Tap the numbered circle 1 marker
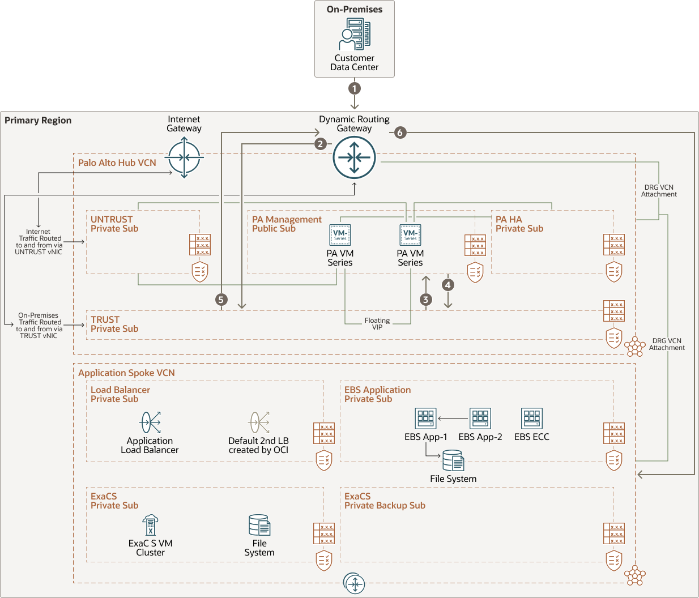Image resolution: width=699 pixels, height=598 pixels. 355,88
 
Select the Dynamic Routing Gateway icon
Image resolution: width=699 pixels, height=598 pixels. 355,157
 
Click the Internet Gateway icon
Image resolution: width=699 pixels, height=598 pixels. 184,157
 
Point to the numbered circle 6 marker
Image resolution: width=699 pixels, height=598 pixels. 400,133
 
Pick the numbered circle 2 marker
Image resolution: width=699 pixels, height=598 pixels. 321,144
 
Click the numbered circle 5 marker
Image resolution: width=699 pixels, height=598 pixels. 221,300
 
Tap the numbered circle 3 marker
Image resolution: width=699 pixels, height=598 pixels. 426,300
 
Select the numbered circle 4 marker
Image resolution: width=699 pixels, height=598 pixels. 448,285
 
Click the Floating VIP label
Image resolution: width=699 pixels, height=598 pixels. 377,324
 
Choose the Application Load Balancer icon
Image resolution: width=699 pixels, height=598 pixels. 151,422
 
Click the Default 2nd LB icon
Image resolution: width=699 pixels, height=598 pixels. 259,422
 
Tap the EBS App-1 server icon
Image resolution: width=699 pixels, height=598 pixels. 425,418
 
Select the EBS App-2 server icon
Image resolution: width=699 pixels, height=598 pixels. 480,418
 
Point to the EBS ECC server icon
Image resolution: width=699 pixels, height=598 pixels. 532,418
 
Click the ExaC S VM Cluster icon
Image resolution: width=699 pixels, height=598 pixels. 150,525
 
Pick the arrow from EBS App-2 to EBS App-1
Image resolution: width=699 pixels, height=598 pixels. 453,419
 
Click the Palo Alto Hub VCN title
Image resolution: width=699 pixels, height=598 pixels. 117,163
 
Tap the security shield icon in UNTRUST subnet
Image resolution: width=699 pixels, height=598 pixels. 200,272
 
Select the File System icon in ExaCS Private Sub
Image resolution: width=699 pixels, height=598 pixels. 259,525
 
